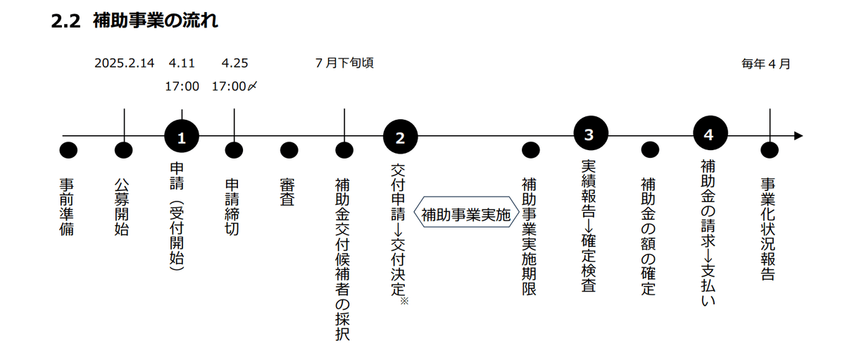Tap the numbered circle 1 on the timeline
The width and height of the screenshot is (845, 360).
pos(182,137)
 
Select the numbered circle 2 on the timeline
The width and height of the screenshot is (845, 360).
pos(400,137)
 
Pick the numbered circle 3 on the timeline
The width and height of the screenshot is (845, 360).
pos(590,135)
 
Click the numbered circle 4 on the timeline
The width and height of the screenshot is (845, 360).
pos(710,135)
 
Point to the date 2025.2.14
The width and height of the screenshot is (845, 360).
pos(124,63)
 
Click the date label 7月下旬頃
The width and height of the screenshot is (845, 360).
pos(344,63)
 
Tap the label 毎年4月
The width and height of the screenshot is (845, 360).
pos(766,63)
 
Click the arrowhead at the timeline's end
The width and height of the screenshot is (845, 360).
pos(797,136)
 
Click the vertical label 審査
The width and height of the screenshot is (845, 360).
pos(288,191)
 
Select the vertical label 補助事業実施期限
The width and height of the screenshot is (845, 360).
pos(530,236)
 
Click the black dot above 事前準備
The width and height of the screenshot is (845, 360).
pos(68,150)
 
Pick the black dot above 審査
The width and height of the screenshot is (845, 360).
pos(289,150)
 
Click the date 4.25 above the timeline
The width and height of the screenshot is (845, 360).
pos(234,63)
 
